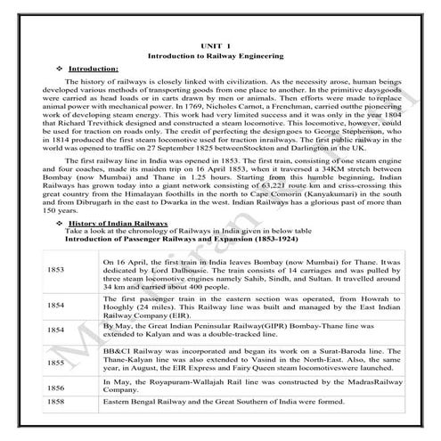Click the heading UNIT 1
click(221, 42)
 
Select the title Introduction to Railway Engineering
click(220, 55)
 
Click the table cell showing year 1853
click(56, 267)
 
